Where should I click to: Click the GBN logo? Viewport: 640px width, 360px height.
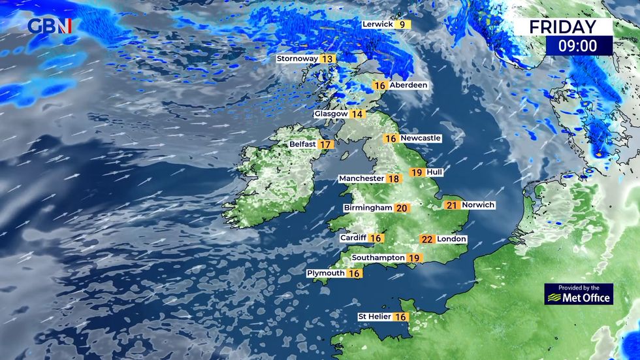click(x=49, y=26)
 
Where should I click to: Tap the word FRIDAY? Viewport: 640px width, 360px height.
click(x=562, y=27)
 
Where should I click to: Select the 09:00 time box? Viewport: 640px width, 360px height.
click(x=579, y=46)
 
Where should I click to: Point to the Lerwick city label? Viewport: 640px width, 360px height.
click(x=377, y=25)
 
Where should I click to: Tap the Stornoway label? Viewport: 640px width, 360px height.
click(x=297, y=59)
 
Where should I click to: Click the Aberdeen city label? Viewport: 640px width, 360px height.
click(x=408, y=86)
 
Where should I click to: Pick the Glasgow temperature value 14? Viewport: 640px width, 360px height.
click(x=357, y=114)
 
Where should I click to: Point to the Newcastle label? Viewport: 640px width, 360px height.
click(x=421, y=139)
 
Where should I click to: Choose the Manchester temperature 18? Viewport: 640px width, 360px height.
click(x=394, y=178)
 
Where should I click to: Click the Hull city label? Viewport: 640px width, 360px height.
click(x=434, y=172)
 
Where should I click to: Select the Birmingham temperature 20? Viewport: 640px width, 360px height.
click(x=402, y=208)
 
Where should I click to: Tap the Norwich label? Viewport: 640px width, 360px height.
click(x=479, y=205)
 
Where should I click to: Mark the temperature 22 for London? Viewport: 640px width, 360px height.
click(x=427, y=239)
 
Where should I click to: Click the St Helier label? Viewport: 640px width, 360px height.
click(x=374, y=317)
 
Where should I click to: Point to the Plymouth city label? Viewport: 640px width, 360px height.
click(x=326, y=273)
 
